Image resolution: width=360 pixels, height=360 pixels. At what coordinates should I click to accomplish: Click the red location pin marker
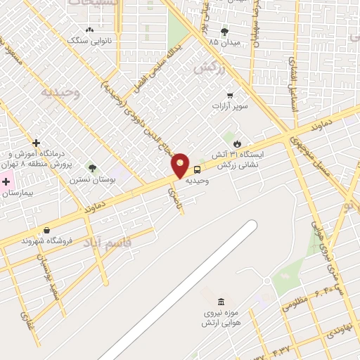click(181, 166)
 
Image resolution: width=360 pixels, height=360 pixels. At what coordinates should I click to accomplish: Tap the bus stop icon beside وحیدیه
click(197, 169)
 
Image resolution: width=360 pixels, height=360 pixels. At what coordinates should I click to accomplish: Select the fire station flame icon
click(247, 143)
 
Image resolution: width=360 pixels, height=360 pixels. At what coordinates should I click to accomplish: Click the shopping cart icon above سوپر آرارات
click(230, 96)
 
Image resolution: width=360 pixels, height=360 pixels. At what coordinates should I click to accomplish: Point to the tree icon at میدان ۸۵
click(224, 32)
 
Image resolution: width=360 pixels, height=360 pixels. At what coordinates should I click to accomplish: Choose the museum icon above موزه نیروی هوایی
click(221, 301)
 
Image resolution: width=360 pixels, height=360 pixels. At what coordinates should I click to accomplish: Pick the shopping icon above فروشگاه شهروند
click(46, 230)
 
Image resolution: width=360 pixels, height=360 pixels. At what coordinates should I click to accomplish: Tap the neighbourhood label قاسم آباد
click(108, 244)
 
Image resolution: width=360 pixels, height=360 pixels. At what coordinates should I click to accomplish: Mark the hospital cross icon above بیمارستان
click(6, 181)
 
